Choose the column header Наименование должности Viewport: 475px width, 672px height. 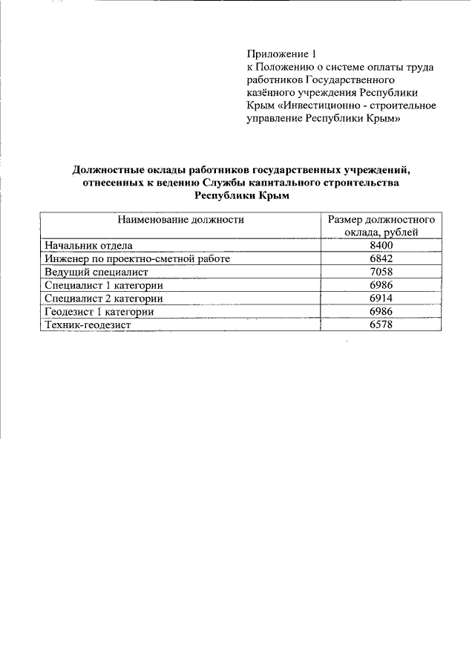(x=180, y=220)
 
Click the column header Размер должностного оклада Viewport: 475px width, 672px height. (x=380, y=226)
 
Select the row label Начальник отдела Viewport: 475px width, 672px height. (x=88, y=246)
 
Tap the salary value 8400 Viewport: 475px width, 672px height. (x=380, y=246)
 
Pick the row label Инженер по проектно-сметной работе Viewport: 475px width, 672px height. (x=137, y=258)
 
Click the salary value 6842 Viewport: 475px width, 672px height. (x=380, y=258)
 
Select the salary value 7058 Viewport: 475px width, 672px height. (x=380, y=272)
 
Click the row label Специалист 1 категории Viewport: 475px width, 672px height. (x=103, y=285)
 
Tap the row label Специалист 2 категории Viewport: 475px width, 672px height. (x=103, y=299)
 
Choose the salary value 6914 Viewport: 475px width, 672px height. (x=380, y=299)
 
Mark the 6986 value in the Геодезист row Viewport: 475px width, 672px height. (x=380, y=312)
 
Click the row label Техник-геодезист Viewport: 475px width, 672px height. (x=88, y=325)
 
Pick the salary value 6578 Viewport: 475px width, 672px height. (x=380, y=325)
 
